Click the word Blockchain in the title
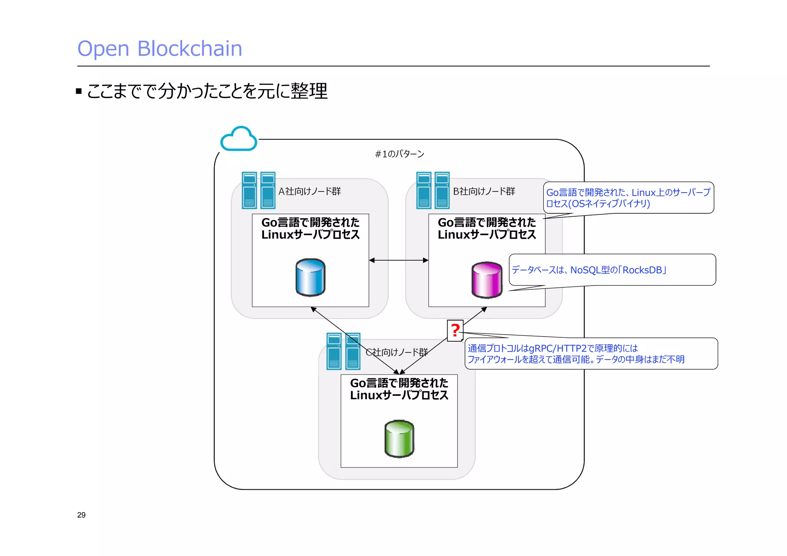pyautogui.click(x=189, y=49)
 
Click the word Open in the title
pyautogui.click(x=103, y=49)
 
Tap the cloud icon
pyautogui.click(x=239, y=139)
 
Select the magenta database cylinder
pyautogui.click(x=486, y=280)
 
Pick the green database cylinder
pyautogui.click(x=399, y=438)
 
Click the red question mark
pyautogui.click(x=455, y=330)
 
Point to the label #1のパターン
pyautogui.click(x=399, y=154)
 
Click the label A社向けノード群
pyautogui.click(x=309, y=191)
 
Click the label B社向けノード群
pyautogui.click(x=484, y=191)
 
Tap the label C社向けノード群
pyautogui.click(x=397, y=352)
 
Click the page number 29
pyautogui.click(x=81, y=515)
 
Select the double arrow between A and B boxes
pyautogui.click(x=398, y=260)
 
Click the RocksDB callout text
pyautogui.click(x=588, y=270)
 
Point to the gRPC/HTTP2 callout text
pyautogui.click(x=576, y=354)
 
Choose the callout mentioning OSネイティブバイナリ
pyautogui.click(x=628, y=198)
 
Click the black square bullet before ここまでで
pyautogui.click(x=79, y=91)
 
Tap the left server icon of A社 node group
pyautogui.click(x=249, y=190)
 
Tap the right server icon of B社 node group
pyautogui.click(x=442, y=190)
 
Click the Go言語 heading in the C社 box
pyautogui.click(x=399, y=389)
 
